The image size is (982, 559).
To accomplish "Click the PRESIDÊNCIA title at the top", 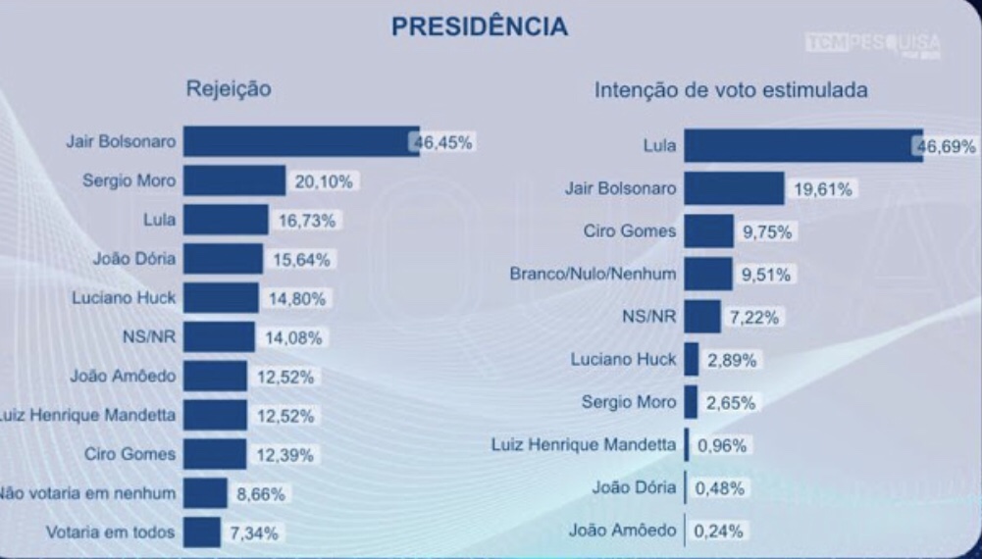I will click(479, 26).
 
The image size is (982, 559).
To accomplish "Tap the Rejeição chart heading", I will click(229, 89).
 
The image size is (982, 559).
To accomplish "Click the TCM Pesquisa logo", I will click(871, 44).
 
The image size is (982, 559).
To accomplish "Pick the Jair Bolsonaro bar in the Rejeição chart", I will click(300, 141).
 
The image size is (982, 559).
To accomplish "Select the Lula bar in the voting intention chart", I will click(802, 146).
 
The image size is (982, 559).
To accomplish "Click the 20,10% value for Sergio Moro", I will click(323, 181).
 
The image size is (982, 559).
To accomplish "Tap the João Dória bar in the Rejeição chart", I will click(223, 259).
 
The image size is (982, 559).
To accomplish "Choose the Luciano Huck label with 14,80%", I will click(124, 298).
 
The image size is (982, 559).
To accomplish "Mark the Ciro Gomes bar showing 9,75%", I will click(708, 231).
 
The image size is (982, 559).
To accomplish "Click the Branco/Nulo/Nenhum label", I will click(594, 274).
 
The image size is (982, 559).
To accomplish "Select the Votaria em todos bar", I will click(201, 533).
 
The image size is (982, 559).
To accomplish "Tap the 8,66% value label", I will click(259, 493).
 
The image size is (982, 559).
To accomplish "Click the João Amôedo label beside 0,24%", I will click(622, 531).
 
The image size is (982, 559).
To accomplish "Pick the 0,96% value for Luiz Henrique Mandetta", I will click(721, 445).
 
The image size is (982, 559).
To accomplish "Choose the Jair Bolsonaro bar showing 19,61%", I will click(734, 188).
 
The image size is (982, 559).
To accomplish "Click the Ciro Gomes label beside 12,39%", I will click(136, 454).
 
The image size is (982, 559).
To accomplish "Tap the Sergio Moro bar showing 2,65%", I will click(691, 402).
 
